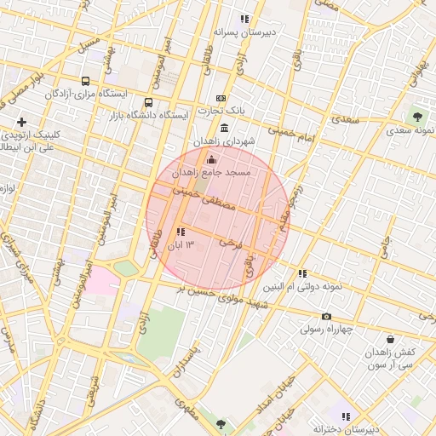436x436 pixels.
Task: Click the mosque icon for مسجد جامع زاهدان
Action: click(x=212, y=158)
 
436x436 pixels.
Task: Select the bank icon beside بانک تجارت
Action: click(x=221, y=99)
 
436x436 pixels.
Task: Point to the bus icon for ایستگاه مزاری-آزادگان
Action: click(x=84, y=81)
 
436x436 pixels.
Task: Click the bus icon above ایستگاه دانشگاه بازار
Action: click(x=149, y=103)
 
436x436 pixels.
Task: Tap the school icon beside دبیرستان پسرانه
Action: click(x=244, y=19)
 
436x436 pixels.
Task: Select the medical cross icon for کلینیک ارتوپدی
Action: click(x=21, y=123)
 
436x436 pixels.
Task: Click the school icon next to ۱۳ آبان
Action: click(x=180, y=232)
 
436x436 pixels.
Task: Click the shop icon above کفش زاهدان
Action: click(x=388, y=340)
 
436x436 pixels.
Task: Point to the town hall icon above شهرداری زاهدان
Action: click(x=224, y=128)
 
